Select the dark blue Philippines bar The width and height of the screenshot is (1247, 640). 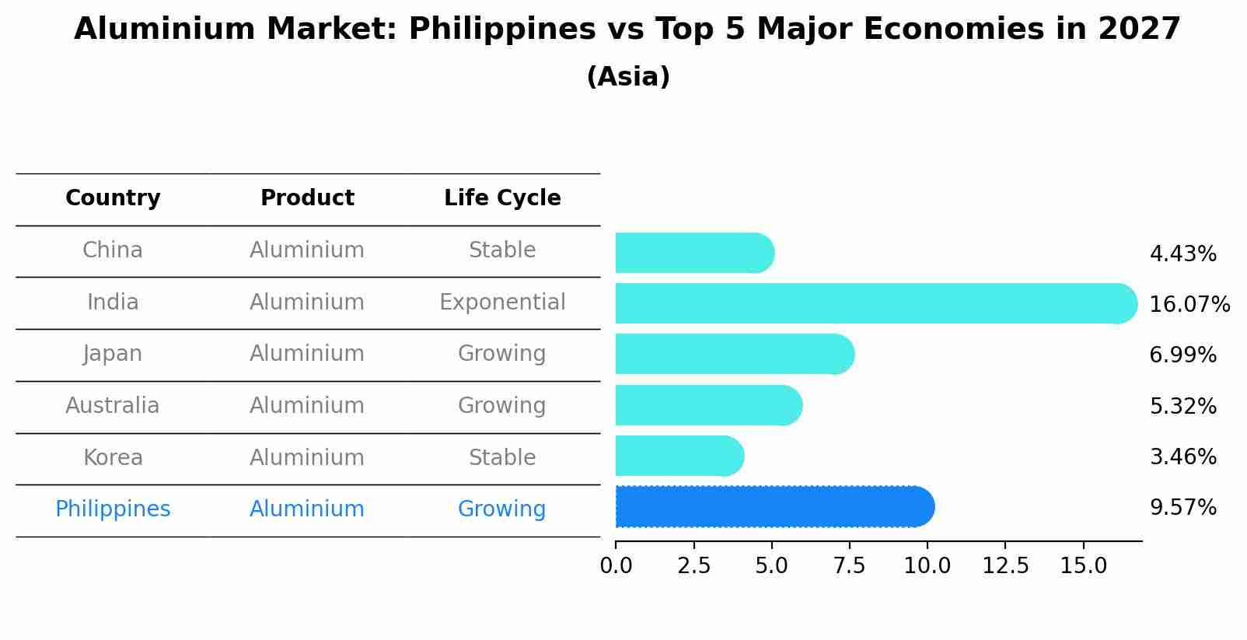click(x=774, y=507)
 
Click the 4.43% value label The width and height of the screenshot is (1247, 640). click(x=1182, y=254)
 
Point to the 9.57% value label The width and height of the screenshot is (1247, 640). click(x=1182, y=508)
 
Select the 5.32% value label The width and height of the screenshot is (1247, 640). click(x=1182, y=406)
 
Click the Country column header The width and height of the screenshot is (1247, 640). click(x=113, y=198)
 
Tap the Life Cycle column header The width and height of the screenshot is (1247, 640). click(x=502, y=198)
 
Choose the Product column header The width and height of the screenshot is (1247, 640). click(x=307, y=198)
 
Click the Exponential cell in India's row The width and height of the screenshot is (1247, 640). click(x=502, y=303)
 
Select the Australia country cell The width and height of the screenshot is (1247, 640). click(x=113, y=406)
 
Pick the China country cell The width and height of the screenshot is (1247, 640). click(x=113, y=250)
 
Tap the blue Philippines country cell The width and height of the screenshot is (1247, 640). click(x=113, y=509)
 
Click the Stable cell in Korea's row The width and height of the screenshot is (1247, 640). click(x=502, y=458)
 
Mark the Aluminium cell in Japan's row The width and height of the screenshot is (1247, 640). click(x=307, y=354)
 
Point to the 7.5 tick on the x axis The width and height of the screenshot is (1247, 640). click(x=849, y=565)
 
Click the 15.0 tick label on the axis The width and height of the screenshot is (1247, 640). click(x=1083, y=565)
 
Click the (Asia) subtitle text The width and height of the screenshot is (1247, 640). click(x=628, y=77)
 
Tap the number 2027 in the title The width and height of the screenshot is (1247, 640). click(x=1139, y=30)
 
